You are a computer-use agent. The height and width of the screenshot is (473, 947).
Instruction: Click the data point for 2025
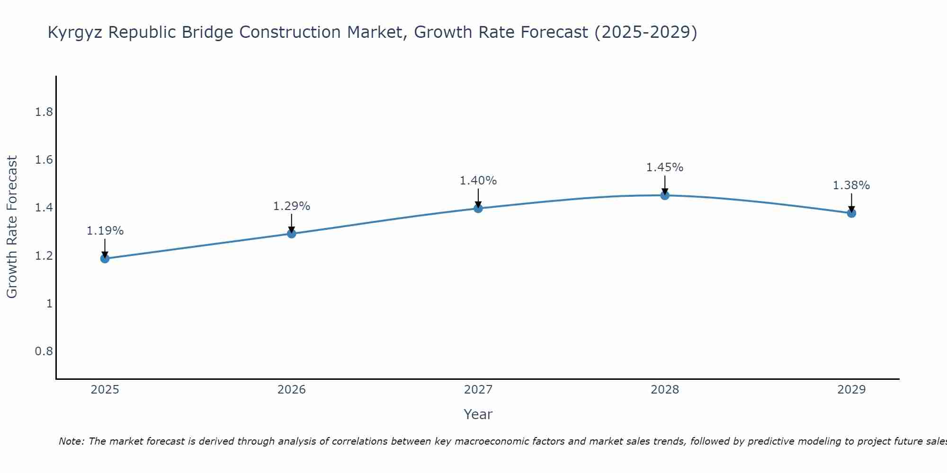[105, 258]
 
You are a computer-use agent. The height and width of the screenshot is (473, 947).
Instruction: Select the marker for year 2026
[291, 234]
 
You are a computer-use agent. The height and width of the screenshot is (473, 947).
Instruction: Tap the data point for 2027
[478, 208]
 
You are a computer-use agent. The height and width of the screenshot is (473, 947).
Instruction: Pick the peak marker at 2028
[664, 195]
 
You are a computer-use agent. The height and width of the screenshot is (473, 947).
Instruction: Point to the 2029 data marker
[851, 213]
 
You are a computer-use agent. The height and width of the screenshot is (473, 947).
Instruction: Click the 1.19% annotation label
[105, 231]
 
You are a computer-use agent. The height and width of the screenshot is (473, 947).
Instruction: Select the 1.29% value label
[291, 206]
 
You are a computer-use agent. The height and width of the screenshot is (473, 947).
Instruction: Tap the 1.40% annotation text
[478, 181]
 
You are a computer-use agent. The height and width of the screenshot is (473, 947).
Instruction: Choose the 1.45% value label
[664, 167]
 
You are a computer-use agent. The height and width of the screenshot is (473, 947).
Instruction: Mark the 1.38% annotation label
[851, 185]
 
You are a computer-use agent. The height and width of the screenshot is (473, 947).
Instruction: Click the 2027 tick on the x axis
[478, 390]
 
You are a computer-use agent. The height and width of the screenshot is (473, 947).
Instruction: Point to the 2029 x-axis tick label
[851, 390]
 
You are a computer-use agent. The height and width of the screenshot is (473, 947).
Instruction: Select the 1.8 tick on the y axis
[44, 112]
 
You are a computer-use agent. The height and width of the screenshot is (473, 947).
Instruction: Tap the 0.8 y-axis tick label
[44, 351]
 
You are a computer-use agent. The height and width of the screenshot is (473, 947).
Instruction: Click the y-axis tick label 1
[49, 303]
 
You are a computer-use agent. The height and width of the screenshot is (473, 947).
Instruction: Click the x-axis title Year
[478, 414]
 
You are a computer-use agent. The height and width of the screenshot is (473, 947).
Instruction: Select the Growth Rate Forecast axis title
[12, 227]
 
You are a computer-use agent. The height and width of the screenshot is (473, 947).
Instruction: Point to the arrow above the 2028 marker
[664, 184]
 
